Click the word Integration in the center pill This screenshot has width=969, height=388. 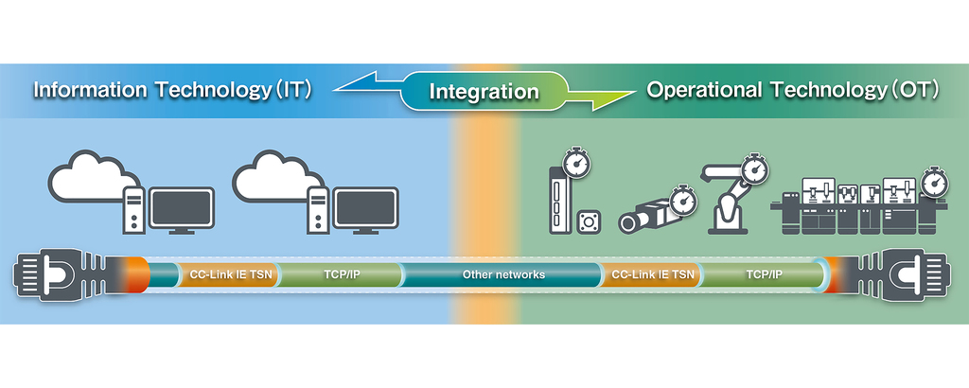point(484,92)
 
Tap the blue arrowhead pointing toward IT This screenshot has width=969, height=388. point(356,83)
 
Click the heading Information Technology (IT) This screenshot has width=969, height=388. point(172,90)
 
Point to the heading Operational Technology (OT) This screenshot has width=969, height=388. point(793,90)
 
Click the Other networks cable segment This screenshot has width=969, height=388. point(503,274)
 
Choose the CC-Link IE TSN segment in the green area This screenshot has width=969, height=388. point(653,274)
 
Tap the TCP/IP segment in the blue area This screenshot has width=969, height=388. point(341,274)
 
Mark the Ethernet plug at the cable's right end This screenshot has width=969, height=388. point(900,275)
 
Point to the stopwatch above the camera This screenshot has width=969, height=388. point(682,199)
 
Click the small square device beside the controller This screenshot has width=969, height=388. point(589,222)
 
